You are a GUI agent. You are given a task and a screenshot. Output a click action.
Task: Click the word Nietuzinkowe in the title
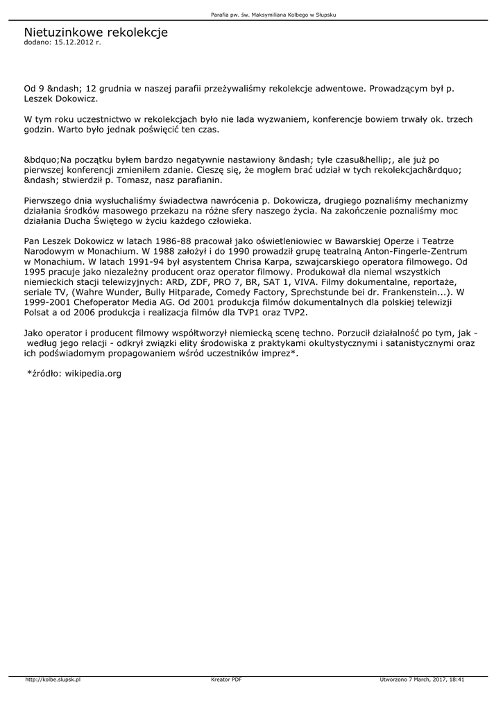[61, 33]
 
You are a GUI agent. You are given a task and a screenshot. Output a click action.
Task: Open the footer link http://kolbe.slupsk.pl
[53, 680]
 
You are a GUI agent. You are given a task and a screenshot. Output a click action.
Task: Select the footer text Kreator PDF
[226, 680]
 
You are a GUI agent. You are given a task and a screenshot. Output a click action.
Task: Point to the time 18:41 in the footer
[457, 680]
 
